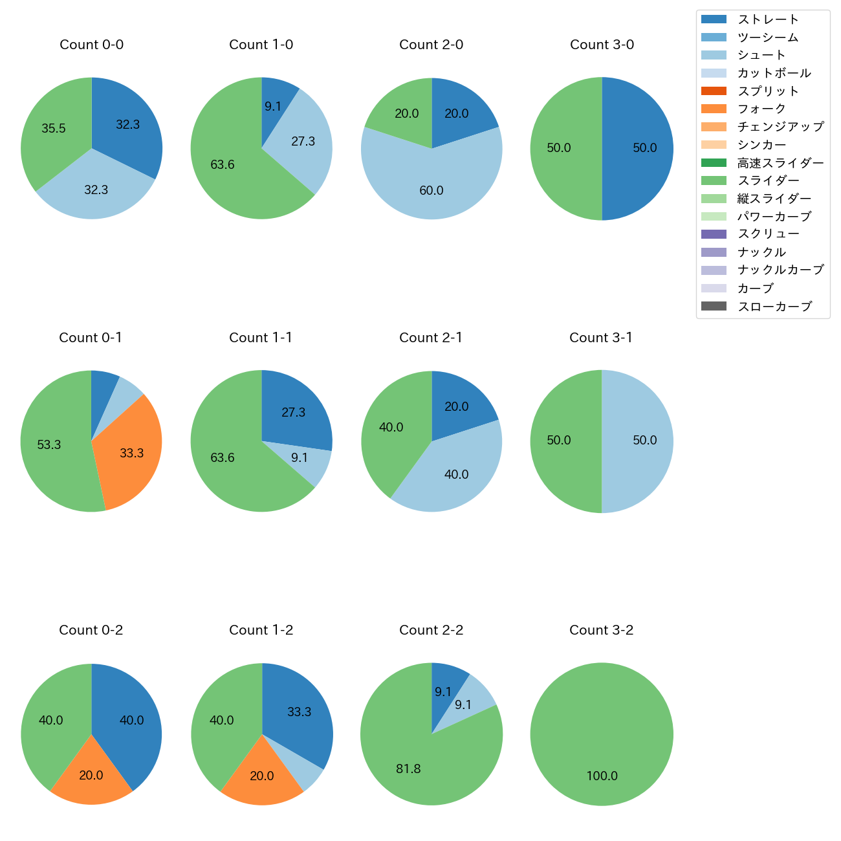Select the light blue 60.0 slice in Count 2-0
pyautogui.click(x=431, y=184)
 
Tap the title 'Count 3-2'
pyautogui.click(x=601, y=630)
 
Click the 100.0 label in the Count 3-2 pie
pyautogui.click(x=602, y=776)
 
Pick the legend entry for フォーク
pyautogui.click(x=761, y=109)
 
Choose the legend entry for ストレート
pyautogui.click(x=768, y=19)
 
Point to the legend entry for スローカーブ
pyautogui.click(x=774, y=307)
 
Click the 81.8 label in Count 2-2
pyautogui.click(x=408, y=769)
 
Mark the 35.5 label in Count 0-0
pyautogui.click(x=54, y=129)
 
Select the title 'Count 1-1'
pyautogui.click(x=261, y=338)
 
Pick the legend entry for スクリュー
pyautogui.click(x=768, y=234)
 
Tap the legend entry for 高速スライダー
pyautogui.click(x=780, y=163)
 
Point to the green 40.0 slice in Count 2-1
pyautogui.click(x=391, y=430)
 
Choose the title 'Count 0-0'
pyautogui.click(x=91, y=45)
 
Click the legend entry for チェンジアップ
pyautogui.click(x=780, y=127)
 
